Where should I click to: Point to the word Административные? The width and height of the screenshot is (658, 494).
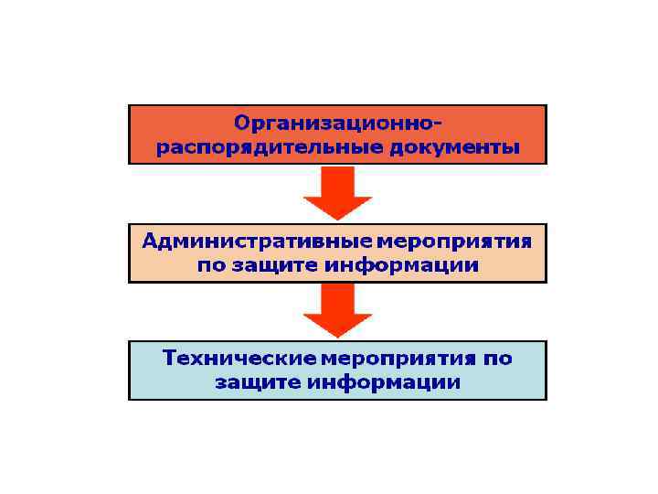[x=255, y=241]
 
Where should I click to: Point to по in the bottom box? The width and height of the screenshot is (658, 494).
[x=497, y=358]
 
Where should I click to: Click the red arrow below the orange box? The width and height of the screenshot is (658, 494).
[x=337, y=193]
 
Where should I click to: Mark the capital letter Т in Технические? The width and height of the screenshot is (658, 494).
[x=169, y=357]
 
